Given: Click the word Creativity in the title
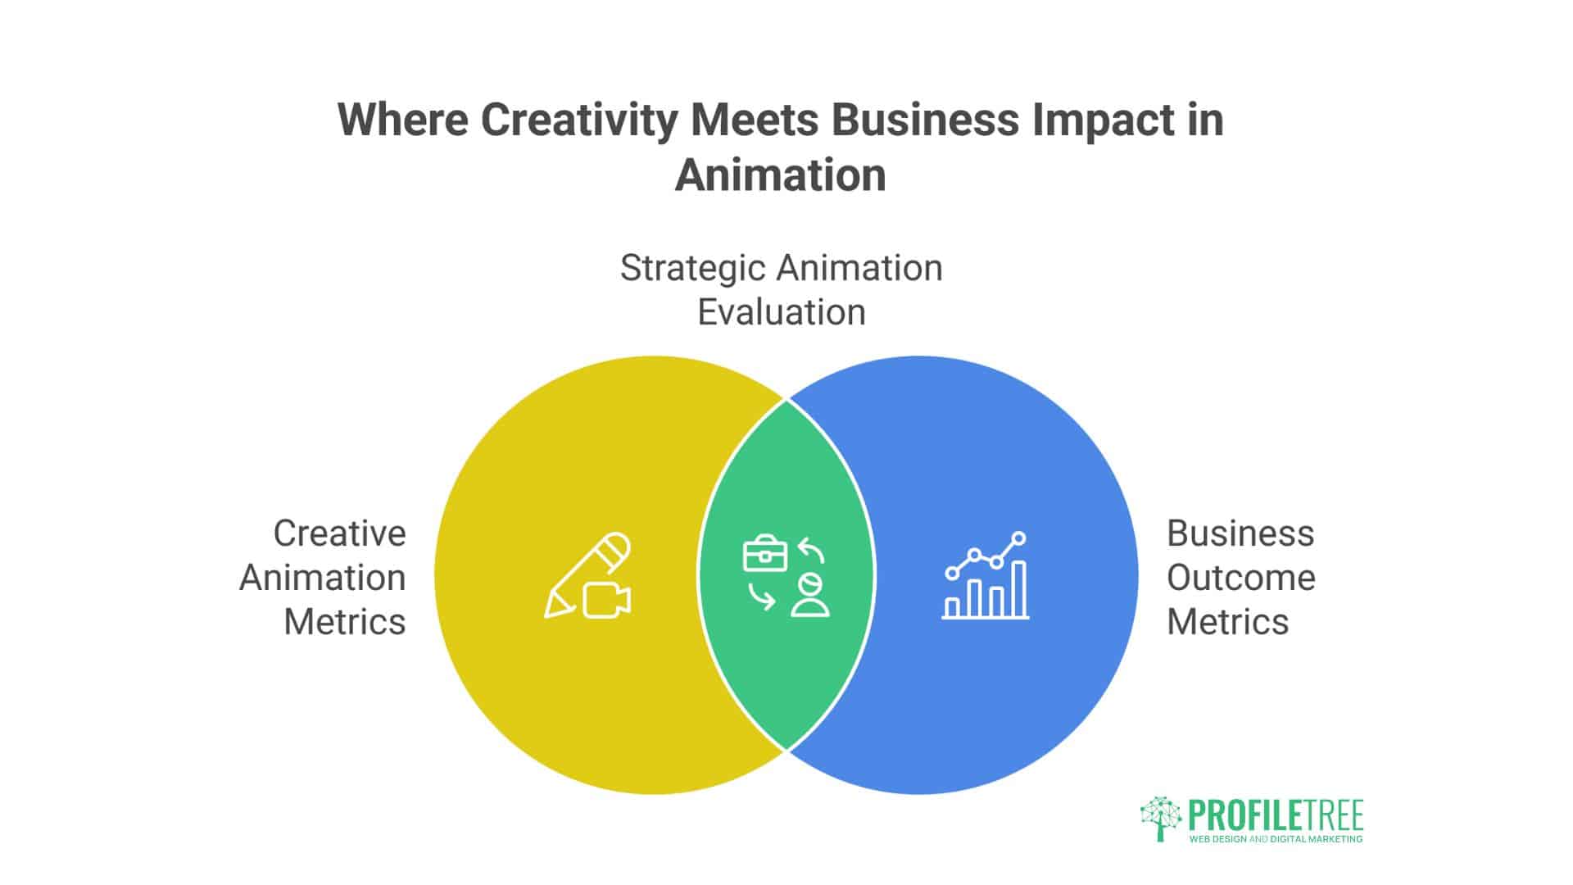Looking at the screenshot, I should (x=579, y=120).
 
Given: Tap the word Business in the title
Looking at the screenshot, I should (x=925, y=120).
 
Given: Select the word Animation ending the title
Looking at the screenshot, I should (x=780, y=175).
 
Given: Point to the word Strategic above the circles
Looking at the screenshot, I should (x=692, y=268).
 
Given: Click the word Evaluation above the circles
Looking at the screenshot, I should (x=781, y=312).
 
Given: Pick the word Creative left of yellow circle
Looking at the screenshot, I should (x=339, y=533).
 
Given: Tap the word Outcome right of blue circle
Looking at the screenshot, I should (x=1240, y=578).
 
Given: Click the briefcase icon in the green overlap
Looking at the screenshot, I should (x=764, y=555).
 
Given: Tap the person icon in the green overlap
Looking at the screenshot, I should (x=810, y=596).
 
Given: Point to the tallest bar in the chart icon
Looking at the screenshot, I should (x=1019, y=589).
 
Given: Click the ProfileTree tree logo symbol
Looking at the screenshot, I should (x=1160, y=817).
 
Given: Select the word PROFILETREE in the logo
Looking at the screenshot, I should (x=1276, y=816).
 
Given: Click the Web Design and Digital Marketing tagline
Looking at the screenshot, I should (x=1276, y=839).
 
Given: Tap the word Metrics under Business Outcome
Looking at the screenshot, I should (x=1227, y=622).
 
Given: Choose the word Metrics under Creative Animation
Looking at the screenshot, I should (x=344, y=622).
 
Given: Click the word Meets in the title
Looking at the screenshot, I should (x=755, y=120).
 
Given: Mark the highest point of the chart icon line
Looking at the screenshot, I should (x=1019, y=538).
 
